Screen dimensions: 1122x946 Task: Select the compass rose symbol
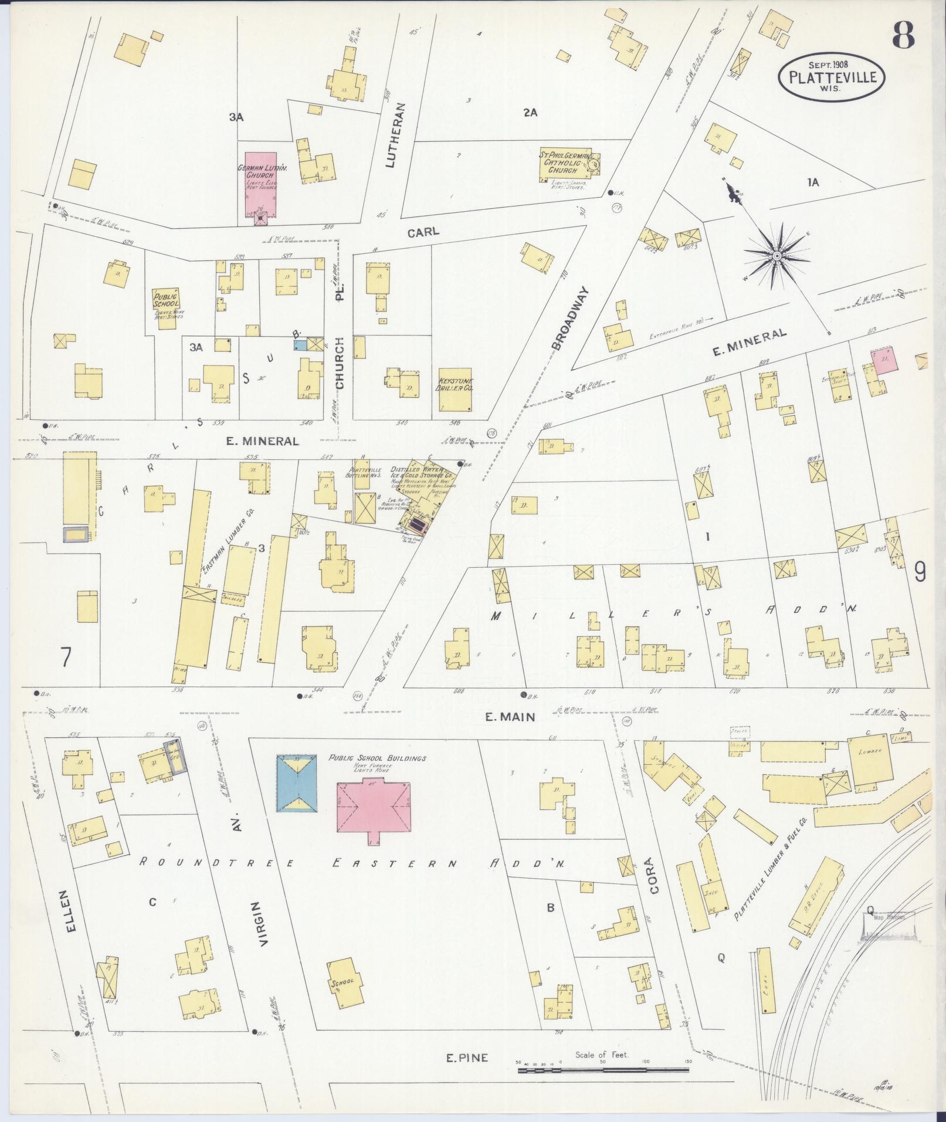[776, 256]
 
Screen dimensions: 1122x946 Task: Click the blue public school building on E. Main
[297, 783]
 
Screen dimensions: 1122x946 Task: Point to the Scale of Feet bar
[602, 1070]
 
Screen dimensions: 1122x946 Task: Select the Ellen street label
[71, 927]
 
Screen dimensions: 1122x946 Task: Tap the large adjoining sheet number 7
[66, 657]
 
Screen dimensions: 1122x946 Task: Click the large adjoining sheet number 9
[920, 571]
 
